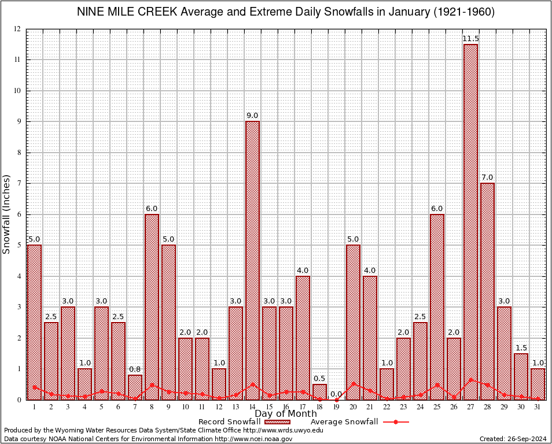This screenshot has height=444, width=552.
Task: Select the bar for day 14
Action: tap(252, 260)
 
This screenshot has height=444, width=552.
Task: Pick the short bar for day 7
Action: tap(135, 387)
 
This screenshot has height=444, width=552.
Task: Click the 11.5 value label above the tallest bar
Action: tap(470, 39)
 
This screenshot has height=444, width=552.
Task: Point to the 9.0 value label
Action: tap(252, 116)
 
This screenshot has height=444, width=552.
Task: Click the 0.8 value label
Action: tap(135, 369)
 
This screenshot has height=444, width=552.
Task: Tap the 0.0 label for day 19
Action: tap(336, 394)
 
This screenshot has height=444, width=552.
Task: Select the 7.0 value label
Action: tap(487, 177)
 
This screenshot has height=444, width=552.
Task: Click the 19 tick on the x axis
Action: tap(336, 406)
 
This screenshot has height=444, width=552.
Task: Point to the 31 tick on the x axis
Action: tap(538, 406)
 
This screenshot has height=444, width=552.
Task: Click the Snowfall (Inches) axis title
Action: tap(7, 214)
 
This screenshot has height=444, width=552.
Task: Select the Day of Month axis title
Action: tap(286, 414)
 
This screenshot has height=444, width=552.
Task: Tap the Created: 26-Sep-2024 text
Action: tap(513, 439)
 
